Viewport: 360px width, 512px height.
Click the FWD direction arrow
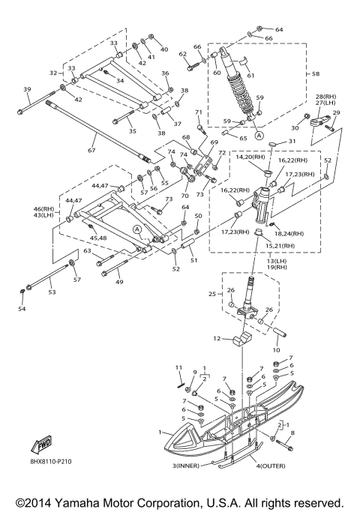point(41,445)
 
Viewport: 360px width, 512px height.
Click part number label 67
point(91,150)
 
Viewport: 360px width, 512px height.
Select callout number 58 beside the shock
point(316,73)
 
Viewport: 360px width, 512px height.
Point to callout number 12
point(217,339)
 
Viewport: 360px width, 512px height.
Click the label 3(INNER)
point(185,466)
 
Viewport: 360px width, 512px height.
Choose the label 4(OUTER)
point(271,466)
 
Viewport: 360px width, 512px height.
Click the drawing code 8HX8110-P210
point(49,461)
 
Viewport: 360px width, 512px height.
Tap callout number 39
point(27,89)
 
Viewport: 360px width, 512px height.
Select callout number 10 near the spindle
point(276,350)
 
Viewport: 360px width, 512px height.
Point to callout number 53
point(52,292)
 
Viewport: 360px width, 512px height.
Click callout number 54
point(22,309)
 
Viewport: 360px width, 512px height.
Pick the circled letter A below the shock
point(259,135)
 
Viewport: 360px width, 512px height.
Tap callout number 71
point(199,112)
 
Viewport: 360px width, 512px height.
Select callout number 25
point(212,294)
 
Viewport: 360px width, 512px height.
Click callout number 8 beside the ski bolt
point(292,433)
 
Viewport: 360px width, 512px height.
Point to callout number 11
point(178,367)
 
